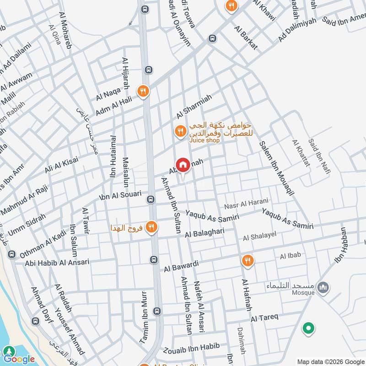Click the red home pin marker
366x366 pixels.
[183, 165]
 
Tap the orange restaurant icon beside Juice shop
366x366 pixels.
[180, 132]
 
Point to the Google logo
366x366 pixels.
[19, 359]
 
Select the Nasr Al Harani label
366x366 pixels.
[246, 202]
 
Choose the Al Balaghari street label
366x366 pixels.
[205, 233]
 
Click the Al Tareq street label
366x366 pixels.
[264, 318]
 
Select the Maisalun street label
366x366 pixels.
[125, 172]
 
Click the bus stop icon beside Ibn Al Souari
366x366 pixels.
[150, 199]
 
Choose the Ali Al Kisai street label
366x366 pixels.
[61, 165]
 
